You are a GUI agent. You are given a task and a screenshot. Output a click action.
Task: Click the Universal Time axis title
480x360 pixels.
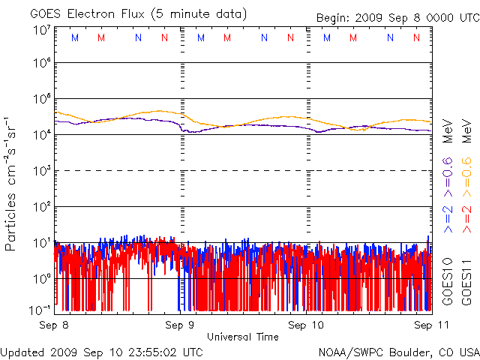pyautogui.click(x=243, y=337)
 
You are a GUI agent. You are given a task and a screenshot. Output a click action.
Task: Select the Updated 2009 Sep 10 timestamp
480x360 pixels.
pyautogui.click(x=102, y=351)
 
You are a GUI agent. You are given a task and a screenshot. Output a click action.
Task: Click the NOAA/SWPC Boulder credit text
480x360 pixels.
pyautogui.click(x=398, y=351)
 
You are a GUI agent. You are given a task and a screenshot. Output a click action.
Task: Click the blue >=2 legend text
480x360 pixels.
pyautogui.click(x=448, y=217)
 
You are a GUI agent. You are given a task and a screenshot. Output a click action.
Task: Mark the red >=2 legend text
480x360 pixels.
pyautogui.click(x=466, y=217)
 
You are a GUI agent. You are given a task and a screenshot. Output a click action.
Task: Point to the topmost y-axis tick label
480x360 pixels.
pyautogui.click(x=41, y=31)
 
